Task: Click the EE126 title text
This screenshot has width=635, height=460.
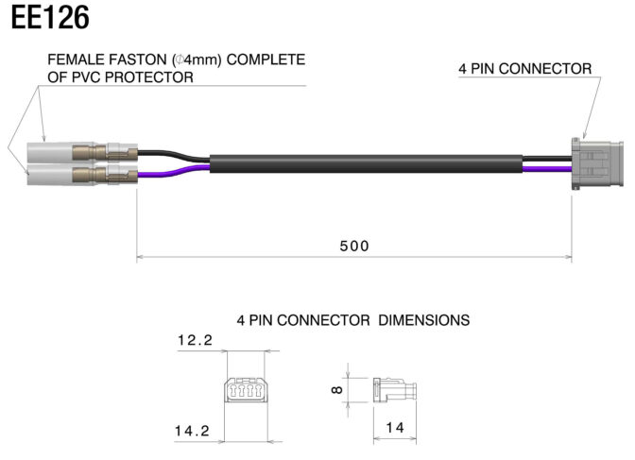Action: pyautogui.click(x=50, y=18)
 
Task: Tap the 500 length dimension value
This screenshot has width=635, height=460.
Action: pyautogui.click(x=354, y=246)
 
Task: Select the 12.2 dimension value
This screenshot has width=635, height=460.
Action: pyautogui.click(x=196, y=340)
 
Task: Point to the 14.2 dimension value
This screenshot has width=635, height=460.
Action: pyautogui.click(x=193, y=431)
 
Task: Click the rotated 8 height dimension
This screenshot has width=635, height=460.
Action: pyautogui.click(x=337, y=390)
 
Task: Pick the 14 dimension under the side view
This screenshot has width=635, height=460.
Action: pyautogui.click(x=395, y=428)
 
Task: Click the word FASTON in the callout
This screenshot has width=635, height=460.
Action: pyautogui.click(x=136, y=60)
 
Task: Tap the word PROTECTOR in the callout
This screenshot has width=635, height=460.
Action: pyautogui.click(x=148, y=77)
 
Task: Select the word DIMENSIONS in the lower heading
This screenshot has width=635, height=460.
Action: pyautogui.click(x=424, y=320)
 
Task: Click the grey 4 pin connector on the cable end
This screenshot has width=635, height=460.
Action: pyautogui.click(x=597, y=164)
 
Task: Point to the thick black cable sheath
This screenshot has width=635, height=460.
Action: pyautogui.click(x=366, y=163)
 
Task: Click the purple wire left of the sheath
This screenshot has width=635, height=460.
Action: pyautogui.click(x=174, y=171)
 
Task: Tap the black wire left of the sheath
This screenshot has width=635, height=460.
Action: pyautogui.click(x=174, y=155)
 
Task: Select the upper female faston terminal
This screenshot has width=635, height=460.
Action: pyautogui.click(x=82, y=153)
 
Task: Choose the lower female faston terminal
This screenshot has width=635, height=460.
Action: pyautogui.click(x=82, y=175)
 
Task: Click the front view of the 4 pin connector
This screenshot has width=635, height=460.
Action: pyautogui.click(x=246, y=390)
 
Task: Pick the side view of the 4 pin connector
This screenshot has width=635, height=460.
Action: pyautogui.click(x=394, y=390)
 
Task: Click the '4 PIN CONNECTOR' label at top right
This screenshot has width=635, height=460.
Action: pyautogui.click(x=524, y=69)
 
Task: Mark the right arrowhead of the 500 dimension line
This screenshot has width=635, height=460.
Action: pyautogui.click(x=568, y=256)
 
